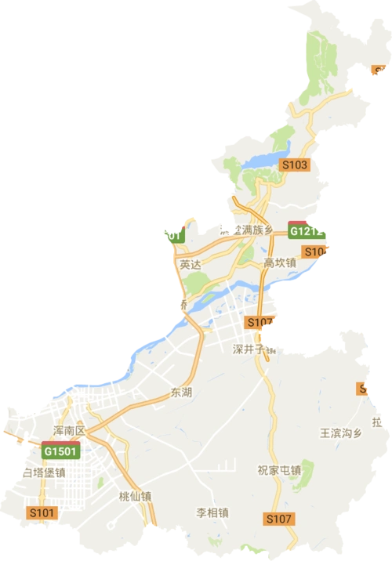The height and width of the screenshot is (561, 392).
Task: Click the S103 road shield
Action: click(295, 165)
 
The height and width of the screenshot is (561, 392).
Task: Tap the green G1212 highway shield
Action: click(306, 232)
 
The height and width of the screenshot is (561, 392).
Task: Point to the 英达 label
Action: click(191, 265)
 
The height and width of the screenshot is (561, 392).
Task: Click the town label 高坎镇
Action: click(280, 263)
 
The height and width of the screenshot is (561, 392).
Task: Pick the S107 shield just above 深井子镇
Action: click(258, 322)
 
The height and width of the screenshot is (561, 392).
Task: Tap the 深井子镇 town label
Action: click(255, 349)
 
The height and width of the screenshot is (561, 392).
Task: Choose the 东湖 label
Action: click(181, 392)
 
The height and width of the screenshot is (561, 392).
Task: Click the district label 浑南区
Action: click(68, 432)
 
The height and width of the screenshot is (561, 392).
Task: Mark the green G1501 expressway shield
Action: click(60, 452)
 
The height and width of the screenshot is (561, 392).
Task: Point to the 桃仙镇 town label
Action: click(135, 496)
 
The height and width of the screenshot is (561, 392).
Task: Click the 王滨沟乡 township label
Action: click(342, 433)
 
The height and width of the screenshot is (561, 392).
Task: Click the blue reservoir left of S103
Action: click(259, 162)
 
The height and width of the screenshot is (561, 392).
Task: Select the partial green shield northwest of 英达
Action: click(172, 235)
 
